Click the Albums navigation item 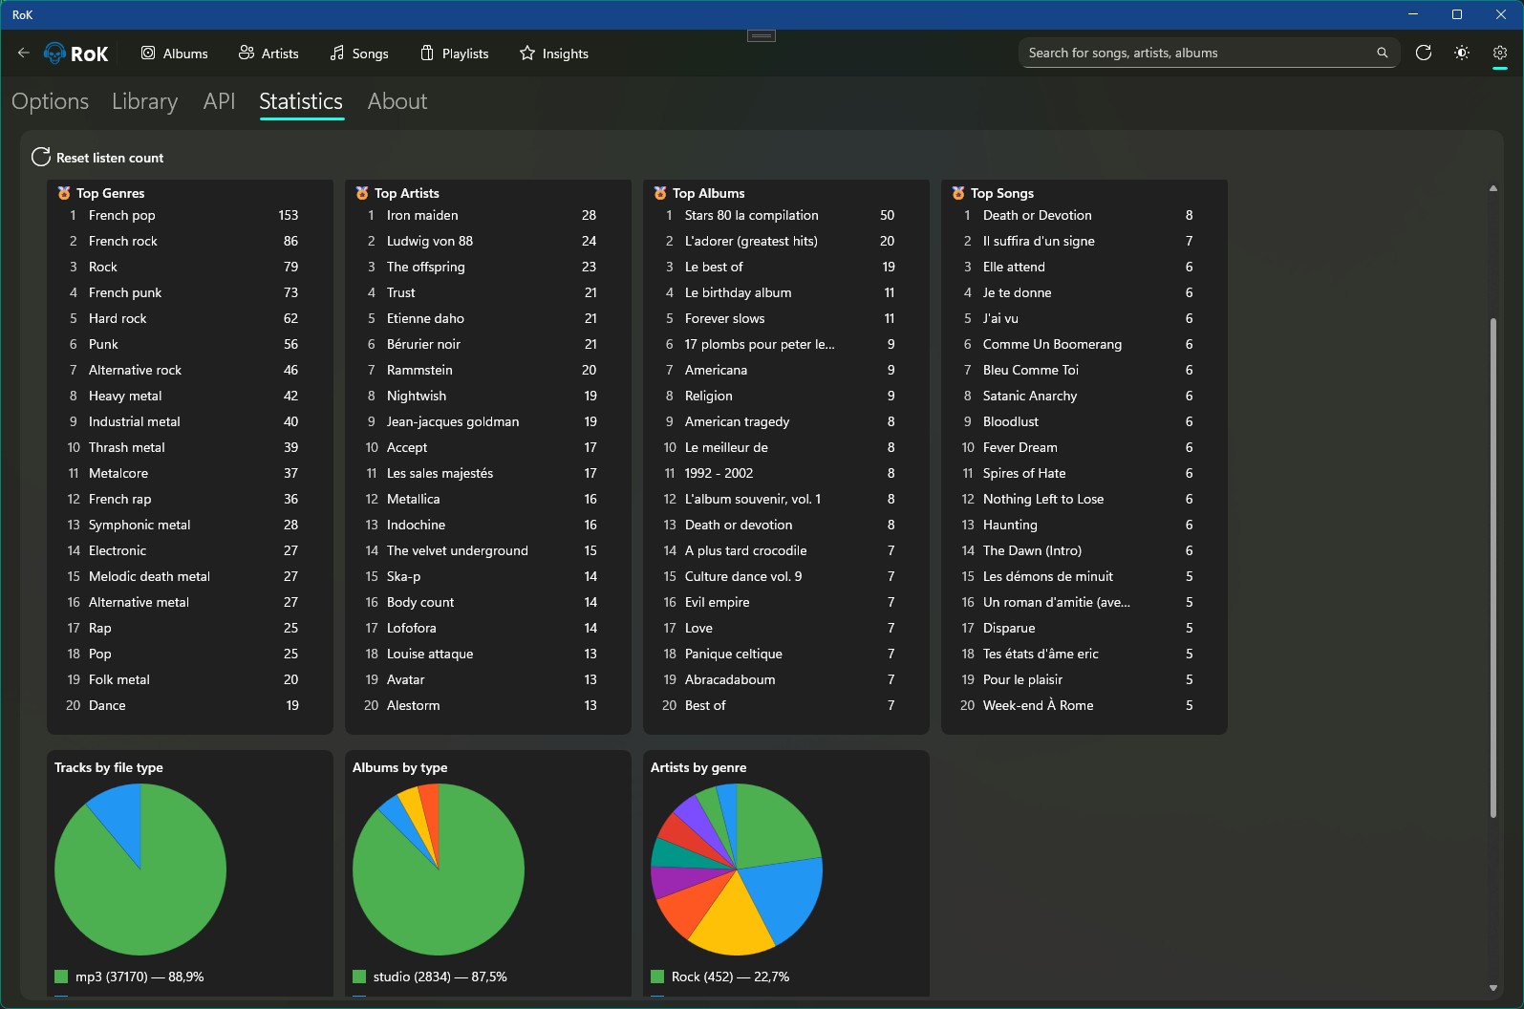(x=175, y=54)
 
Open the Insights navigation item (x=554, y=54)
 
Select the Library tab (x=144, y=101)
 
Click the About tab (x=397, y=101)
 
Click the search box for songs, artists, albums (x=1199, y=54)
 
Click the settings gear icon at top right (x=1499, y=54)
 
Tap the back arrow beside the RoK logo (x=24, y=54)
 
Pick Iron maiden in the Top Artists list (x=422, y=216)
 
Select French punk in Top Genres (x=125, y=293)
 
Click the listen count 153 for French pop (x=288, y=216)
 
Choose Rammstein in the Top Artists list (x=419, y=371)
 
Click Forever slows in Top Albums (x=724, y=319)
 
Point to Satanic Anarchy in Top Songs (x=1029, y=397)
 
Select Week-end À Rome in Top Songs (x=1038, y=706)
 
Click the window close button (x=1500, y=14)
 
